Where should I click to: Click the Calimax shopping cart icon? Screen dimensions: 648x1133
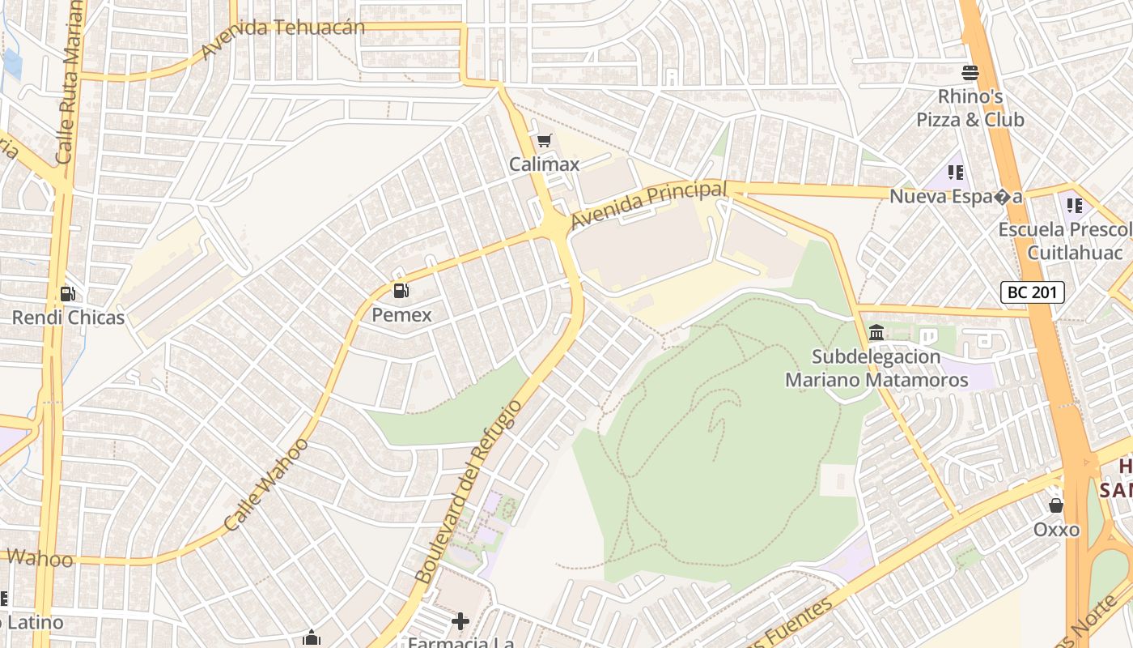click(x=545, y=141)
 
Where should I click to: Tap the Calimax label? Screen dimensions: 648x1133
click(x=545, y=164)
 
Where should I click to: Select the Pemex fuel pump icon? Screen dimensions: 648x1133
click(x=401, y=291)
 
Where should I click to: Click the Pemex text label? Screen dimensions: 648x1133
click(x=401, y=315)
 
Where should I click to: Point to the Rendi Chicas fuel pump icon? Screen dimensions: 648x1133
click(x=68, y=294)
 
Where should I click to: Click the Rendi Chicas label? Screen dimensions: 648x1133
click(x=68, y=318)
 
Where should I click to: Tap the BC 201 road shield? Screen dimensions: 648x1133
click(x=1032, y=292)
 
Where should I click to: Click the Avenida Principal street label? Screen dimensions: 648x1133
click(x=648, y=205)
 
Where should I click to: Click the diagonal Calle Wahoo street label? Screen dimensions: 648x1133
click(x=266, y=484)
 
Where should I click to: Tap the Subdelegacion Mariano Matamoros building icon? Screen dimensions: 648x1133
click(x=876, y=333)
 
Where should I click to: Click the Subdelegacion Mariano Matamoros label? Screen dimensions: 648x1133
click(x=876, y=369)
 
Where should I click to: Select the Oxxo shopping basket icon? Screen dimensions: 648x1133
click(x=1056, y=506)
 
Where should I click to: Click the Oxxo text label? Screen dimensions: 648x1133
click(x=1056, y=530)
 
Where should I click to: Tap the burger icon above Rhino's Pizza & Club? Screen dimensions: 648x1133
click(x=970, y=73)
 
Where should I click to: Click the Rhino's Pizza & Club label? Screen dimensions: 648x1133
click(x=970, y=109)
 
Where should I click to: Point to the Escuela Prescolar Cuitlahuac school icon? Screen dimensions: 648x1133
click(x=1075, y=206)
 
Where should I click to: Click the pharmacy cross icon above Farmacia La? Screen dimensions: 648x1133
click(x=460, y=622)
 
